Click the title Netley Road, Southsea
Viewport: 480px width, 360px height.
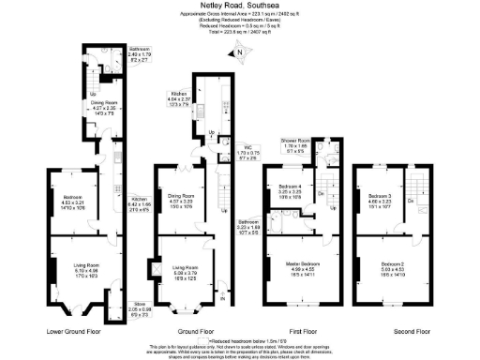pos(240,6)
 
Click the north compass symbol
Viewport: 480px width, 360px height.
pos(238,52)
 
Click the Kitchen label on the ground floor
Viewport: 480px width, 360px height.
pos(180,94)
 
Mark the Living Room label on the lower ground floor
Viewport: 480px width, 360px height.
pos(87,267)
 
